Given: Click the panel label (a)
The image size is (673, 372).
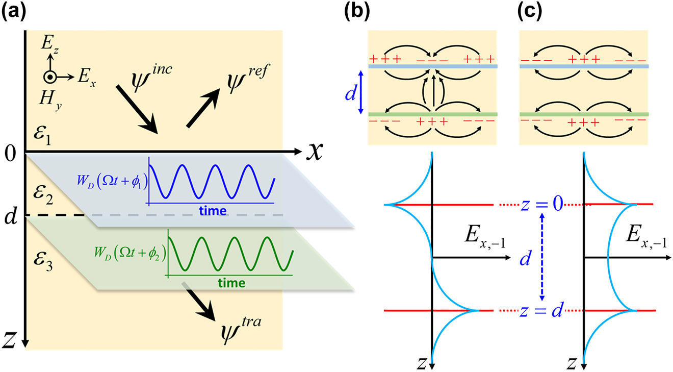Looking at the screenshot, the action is click(x=14, y=13).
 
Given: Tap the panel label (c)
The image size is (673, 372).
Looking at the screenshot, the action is click(x=530, y=13).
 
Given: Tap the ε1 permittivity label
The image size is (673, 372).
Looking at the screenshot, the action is click(x=42, y=133).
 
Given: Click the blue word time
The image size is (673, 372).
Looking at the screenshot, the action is click(x=213, y=211).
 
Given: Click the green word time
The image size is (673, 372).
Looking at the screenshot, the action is click(x=231, y=283).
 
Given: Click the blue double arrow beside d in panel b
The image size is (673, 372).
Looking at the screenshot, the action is click(x=361, y=92).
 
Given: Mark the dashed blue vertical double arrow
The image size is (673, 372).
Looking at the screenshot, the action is click(x=541, y=257).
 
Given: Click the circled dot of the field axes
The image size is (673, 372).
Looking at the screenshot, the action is click(x=49, y=77).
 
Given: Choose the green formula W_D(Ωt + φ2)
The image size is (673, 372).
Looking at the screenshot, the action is click(x=130, y=253).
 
